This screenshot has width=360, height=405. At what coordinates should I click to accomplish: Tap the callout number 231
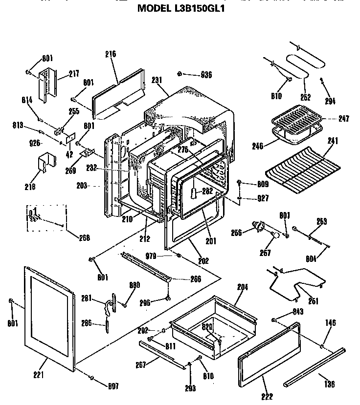tap(157, 80)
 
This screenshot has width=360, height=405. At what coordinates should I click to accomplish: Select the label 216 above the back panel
tap(110, 54)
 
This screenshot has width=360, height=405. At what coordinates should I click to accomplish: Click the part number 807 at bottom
tap(114, 388)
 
